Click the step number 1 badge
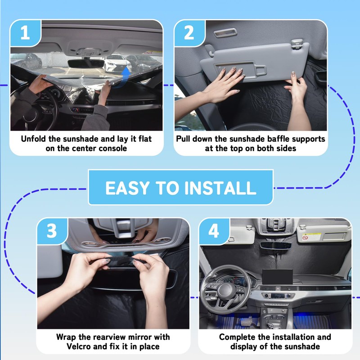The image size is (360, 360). click(x=25, y=33)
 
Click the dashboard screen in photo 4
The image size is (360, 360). click(x=277, y=277)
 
